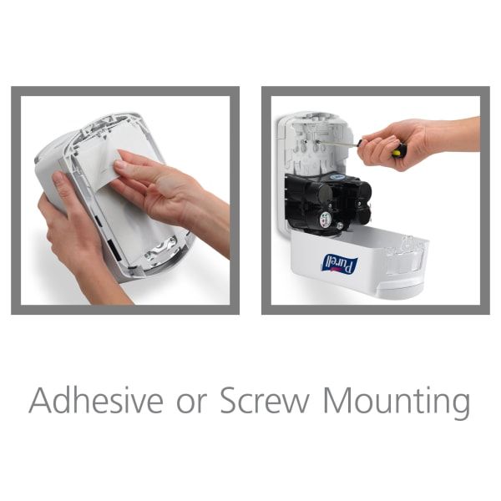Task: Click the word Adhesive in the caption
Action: (96, 400)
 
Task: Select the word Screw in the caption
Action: (265, 400)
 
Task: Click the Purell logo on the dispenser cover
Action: (341, 265)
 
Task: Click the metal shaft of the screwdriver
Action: (340, 144)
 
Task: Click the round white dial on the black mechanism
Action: (326, 219)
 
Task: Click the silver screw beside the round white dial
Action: (339, 226)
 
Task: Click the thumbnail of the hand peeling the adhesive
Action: (120, 164)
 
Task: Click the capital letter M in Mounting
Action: (335, 400)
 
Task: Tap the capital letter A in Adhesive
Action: (41, 400)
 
